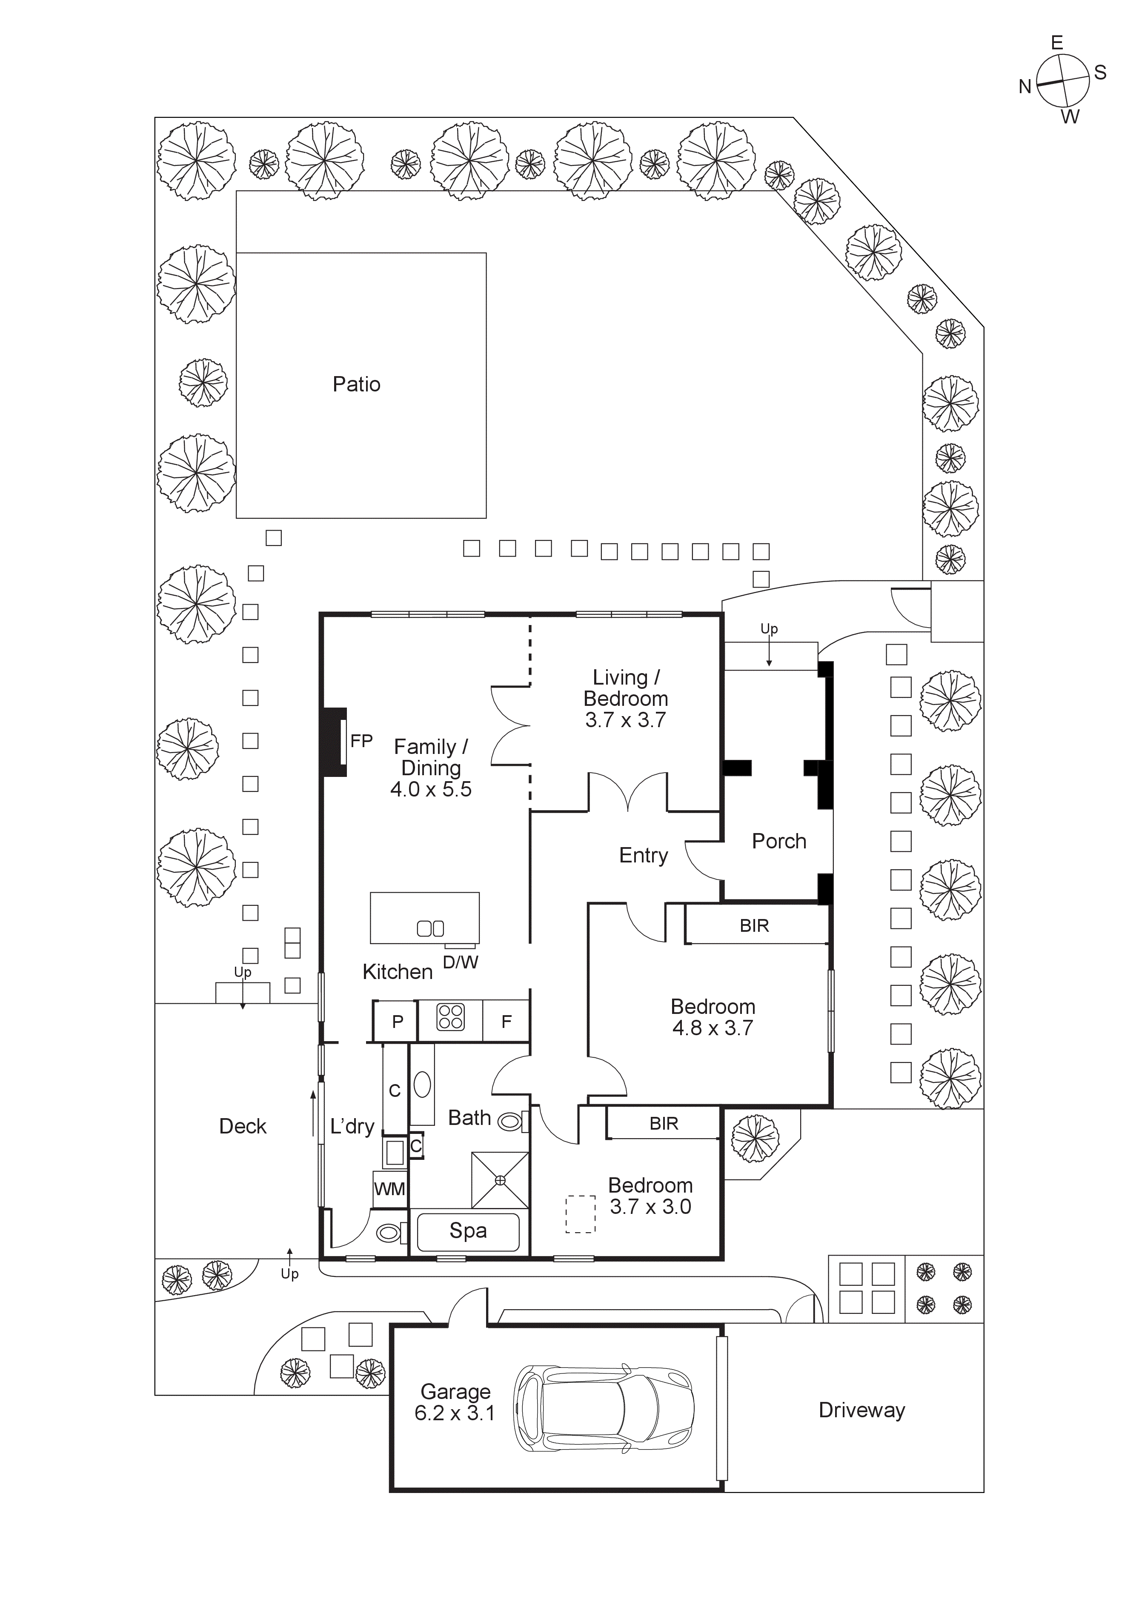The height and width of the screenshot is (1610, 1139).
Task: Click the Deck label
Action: [x=243, y=1126]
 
